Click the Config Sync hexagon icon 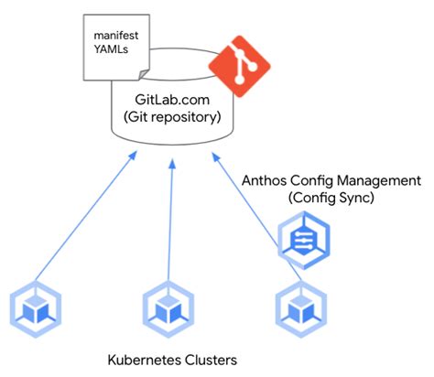pos(302,239)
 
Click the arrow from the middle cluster pos(170,220)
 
